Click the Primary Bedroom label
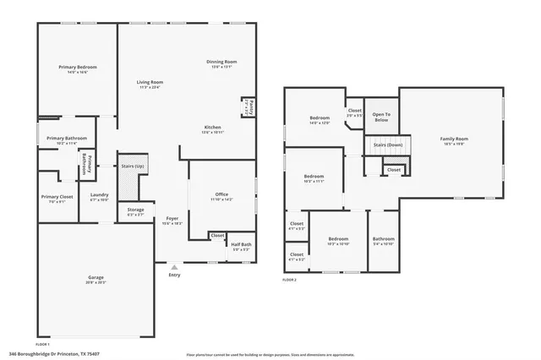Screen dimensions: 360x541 (x=78, y=67)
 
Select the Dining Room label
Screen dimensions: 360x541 (x=221, y=62)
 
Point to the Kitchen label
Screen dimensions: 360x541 (x=212, y=128)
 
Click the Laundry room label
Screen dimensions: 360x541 (x=99, y=195)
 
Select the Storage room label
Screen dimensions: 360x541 (x=135, y=210)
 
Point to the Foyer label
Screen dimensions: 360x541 (x=172, y=219)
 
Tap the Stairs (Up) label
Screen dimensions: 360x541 (x=132, y=166)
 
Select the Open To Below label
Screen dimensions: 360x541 (x=381, y=116)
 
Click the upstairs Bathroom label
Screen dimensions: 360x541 (x=383, y=238)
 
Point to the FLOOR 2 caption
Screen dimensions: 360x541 (x=291, y=281)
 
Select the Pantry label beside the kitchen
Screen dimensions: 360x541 (x=249, y=106)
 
